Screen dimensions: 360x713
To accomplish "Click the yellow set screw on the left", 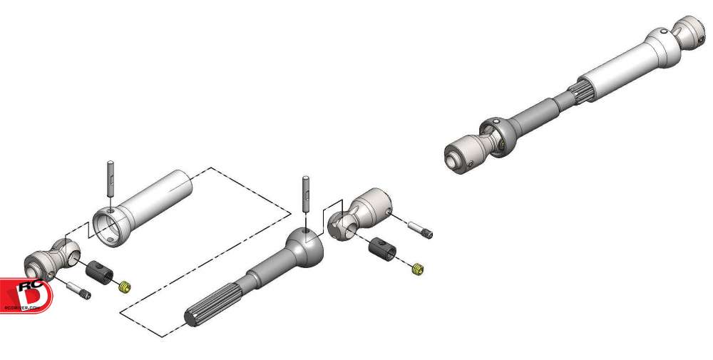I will tap(124, 287).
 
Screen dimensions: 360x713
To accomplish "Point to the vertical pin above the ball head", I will tap(305, 192).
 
